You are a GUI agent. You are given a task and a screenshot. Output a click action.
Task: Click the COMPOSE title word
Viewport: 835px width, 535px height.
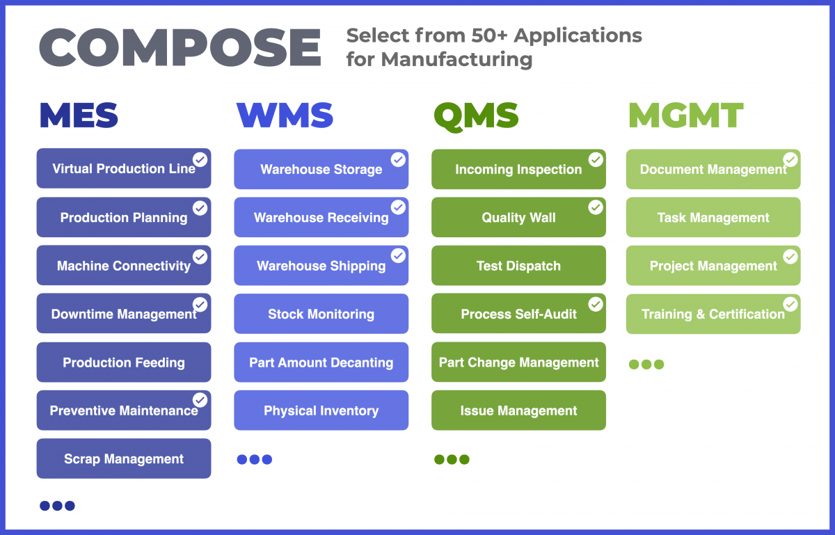[180, 47]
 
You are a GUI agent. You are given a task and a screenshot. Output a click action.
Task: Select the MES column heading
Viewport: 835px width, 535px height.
[79, 115]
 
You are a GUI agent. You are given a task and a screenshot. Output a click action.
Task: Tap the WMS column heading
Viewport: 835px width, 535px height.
[285, 115]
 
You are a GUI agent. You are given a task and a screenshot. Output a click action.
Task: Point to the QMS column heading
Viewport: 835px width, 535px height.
[476, 117]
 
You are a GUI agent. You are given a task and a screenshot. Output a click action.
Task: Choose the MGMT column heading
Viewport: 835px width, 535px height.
[686, 115]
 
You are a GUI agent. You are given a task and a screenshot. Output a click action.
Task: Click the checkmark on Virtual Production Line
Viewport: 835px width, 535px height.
[200, 159]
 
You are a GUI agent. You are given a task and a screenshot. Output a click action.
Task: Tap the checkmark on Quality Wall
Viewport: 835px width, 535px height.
[596, 207]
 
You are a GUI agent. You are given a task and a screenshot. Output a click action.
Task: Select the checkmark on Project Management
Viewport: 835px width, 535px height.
[790, 257]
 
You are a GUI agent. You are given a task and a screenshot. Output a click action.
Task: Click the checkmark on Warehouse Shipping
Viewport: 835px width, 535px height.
[398, 256]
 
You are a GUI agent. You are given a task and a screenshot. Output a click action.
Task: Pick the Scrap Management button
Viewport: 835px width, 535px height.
[124, 458]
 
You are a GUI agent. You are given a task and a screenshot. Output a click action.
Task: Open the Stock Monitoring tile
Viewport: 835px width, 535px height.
[321, 314]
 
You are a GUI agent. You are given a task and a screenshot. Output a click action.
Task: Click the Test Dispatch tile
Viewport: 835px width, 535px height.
[518, 266]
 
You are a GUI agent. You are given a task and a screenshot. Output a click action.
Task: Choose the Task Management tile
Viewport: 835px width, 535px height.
[713, 217]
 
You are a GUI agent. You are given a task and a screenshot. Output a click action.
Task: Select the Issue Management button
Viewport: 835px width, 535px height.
[518, 410]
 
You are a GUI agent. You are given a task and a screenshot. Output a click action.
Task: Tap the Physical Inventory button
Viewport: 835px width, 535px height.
[321, 410]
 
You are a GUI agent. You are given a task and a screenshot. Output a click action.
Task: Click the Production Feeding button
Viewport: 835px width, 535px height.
[124, 362]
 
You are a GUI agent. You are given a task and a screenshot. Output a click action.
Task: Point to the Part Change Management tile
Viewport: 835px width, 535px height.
[518, 362]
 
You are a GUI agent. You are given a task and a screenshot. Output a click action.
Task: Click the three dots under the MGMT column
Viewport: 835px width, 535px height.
[646, 365]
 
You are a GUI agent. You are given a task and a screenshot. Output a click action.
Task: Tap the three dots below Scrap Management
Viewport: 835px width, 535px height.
[57, 506]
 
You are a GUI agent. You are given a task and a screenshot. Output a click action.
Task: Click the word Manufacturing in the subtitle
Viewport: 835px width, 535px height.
[456, 60]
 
